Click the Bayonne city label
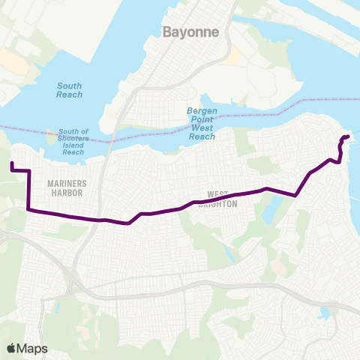(190, 31)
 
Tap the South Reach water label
(70, 90)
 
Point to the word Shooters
(73, 138)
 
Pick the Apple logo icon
(11, 348)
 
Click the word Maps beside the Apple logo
(33, 348)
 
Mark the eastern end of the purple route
(348, 136)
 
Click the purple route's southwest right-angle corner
(28, 209)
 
